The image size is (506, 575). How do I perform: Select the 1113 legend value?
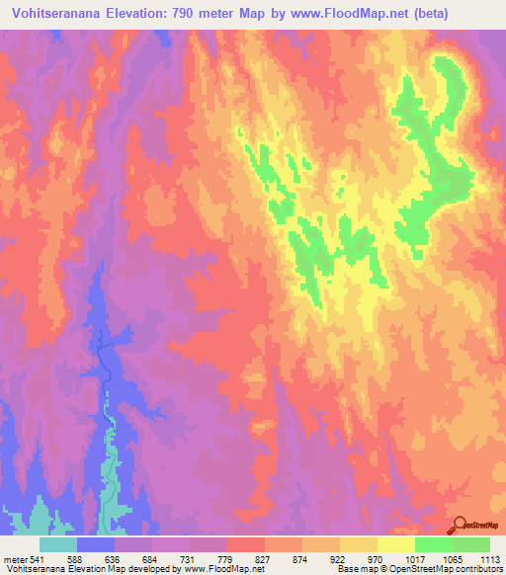pos(488,559)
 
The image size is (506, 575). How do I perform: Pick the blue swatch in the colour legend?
pos(96,544)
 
